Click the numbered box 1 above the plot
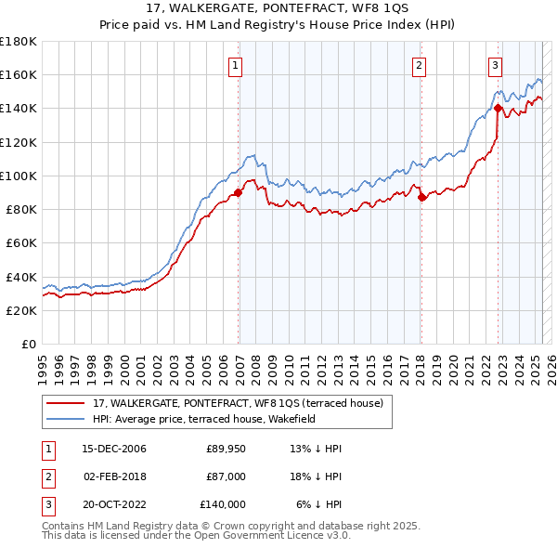pos(236,66)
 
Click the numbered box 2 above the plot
pos(420,66)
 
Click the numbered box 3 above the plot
pos(496,66)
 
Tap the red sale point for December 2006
pos(238,193)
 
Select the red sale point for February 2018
pos(421,197)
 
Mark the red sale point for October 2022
pos(499,108)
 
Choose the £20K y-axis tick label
pos(21,311)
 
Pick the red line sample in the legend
pos(65,404)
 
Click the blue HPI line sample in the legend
pos(65,419)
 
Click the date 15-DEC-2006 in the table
pos(114,449)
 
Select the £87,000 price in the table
pos(226,476)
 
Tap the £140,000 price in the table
pos(223,504)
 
